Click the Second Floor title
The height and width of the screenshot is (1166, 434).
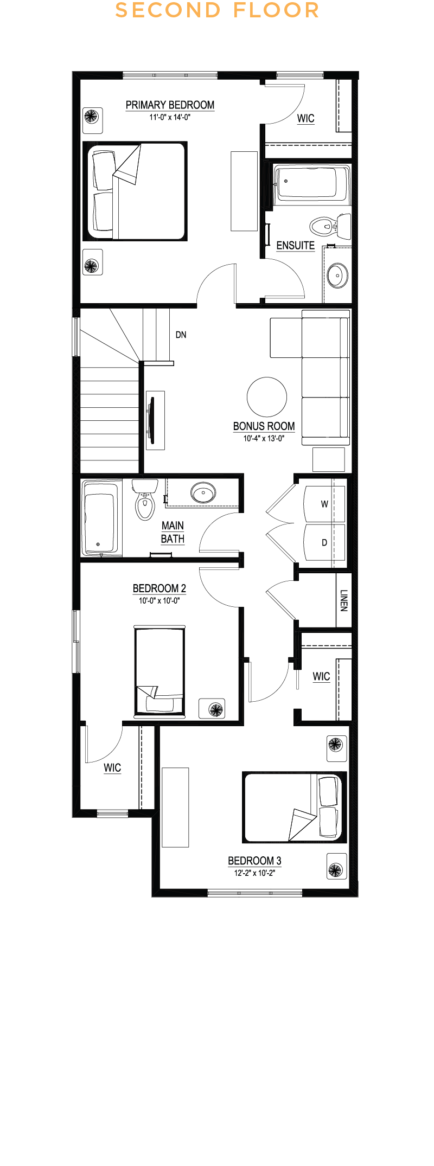[217, 10]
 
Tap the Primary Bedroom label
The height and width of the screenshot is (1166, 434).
[170, 105]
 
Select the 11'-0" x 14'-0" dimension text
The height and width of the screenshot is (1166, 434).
[170, 117]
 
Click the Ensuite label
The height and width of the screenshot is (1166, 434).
[295, 246]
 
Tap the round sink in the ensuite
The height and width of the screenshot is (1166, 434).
[337, 276]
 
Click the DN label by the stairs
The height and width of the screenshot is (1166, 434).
[181, 335]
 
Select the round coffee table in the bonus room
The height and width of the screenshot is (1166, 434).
[266, 396]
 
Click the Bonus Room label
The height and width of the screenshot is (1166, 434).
[264, 426]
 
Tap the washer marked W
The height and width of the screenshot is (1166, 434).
[324, 504]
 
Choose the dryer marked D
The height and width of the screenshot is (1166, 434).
[324, 542]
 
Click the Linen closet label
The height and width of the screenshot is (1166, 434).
[343, 600]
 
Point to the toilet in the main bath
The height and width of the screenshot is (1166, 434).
[144, 499]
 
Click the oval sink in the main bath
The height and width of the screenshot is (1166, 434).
[203, 494]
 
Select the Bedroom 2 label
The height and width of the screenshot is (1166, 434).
[159, 588]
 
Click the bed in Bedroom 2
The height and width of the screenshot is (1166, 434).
[159, 671]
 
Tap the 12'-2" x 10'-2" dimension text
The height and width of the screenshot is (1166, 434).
[254, 873]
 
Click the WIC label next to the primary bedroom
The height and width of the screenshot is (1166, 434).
[305, 119]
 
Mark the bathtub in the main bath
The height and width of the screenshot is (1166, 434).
[101, 518]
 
